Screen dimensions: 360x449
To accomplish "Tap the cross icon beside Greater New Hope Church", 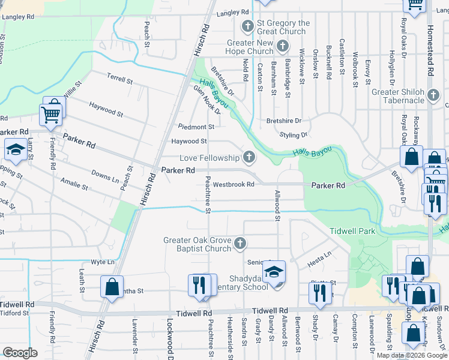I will [x=282, y=46].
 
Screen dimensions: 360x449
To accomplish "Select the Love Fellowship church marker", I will [x=248, y=158].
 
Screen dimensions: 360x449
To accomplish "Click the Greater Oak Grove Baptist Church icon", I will [x=240, y=244].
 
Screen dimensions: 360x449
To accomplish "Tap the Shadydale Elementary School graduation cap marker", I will [x=274, y=272].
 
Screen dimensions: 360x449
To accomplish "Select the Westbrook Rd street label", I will [x=234, y=184].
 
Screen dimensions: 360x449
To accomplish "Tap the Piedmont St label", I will [x=196, y=127].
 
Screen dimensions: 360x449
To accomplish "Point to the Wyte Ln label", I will [x=102, y=262].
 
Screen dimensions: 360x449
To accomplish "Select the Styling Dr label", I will [x=294, y=135].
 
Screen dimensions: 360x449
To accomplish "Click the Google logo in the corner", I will [x=20, y=353].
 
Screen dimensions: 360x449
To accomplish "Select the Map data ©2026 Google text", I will [x=412, y=355].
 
